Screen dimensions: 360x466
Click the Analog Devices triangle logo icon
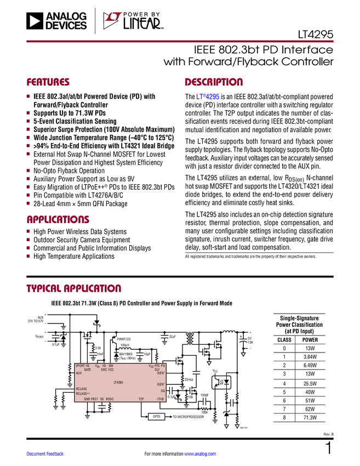point(35,21)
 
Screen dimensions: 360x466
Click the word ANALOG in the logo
point(66,16)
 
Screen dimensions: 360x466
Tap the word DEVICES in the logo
point(66,25)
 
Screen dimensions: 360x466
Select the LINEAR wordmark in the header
point(142,24)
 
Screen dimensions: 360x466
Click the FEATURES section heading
point(48,83)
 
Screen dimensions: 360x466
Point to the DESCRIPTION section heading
point(214,83)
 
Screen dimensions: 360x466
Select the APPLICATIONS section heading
point(58,220)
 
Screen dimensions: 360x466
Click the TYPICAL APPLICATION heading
point(73,288)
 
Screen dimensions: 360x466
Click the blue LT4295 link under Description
point(208,97)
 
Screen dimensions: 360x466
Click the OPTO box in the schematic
point(156,417)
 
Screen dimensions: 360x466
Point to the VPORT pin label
point(80,366)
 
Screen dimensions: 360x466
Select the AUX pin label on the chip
point(79,373)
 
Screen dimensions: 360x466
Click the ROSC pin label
point(110,399)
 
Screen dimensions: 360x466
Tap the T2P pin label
point(141,399)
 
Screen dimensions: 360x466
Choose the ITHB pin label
point(161,399)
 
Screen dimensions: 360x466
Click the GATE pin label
point(88,370)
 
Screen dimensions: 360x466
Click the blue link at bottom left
point(45,454)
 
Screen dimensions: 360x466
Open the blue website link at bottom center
point(200,454)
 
